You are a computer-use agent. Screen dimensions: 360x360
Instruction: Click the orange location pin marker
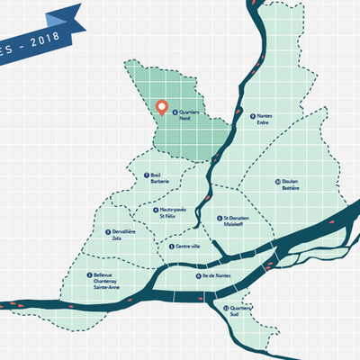[163, 107]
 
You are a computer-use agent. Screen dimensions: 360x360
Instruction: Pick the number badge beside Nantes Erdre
[252, 114]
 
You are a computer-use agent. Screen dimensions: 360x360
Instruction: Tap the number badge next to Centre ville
[171, 246]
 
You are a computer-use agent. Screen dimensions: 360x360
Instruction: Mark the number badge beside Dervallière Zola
[108, 231]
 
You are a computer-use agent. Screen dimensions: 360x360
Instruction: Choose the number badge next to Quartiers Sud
[227, 308]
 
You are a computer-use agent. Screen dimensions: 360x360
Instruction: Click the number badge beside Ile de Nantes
[197, 275]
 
